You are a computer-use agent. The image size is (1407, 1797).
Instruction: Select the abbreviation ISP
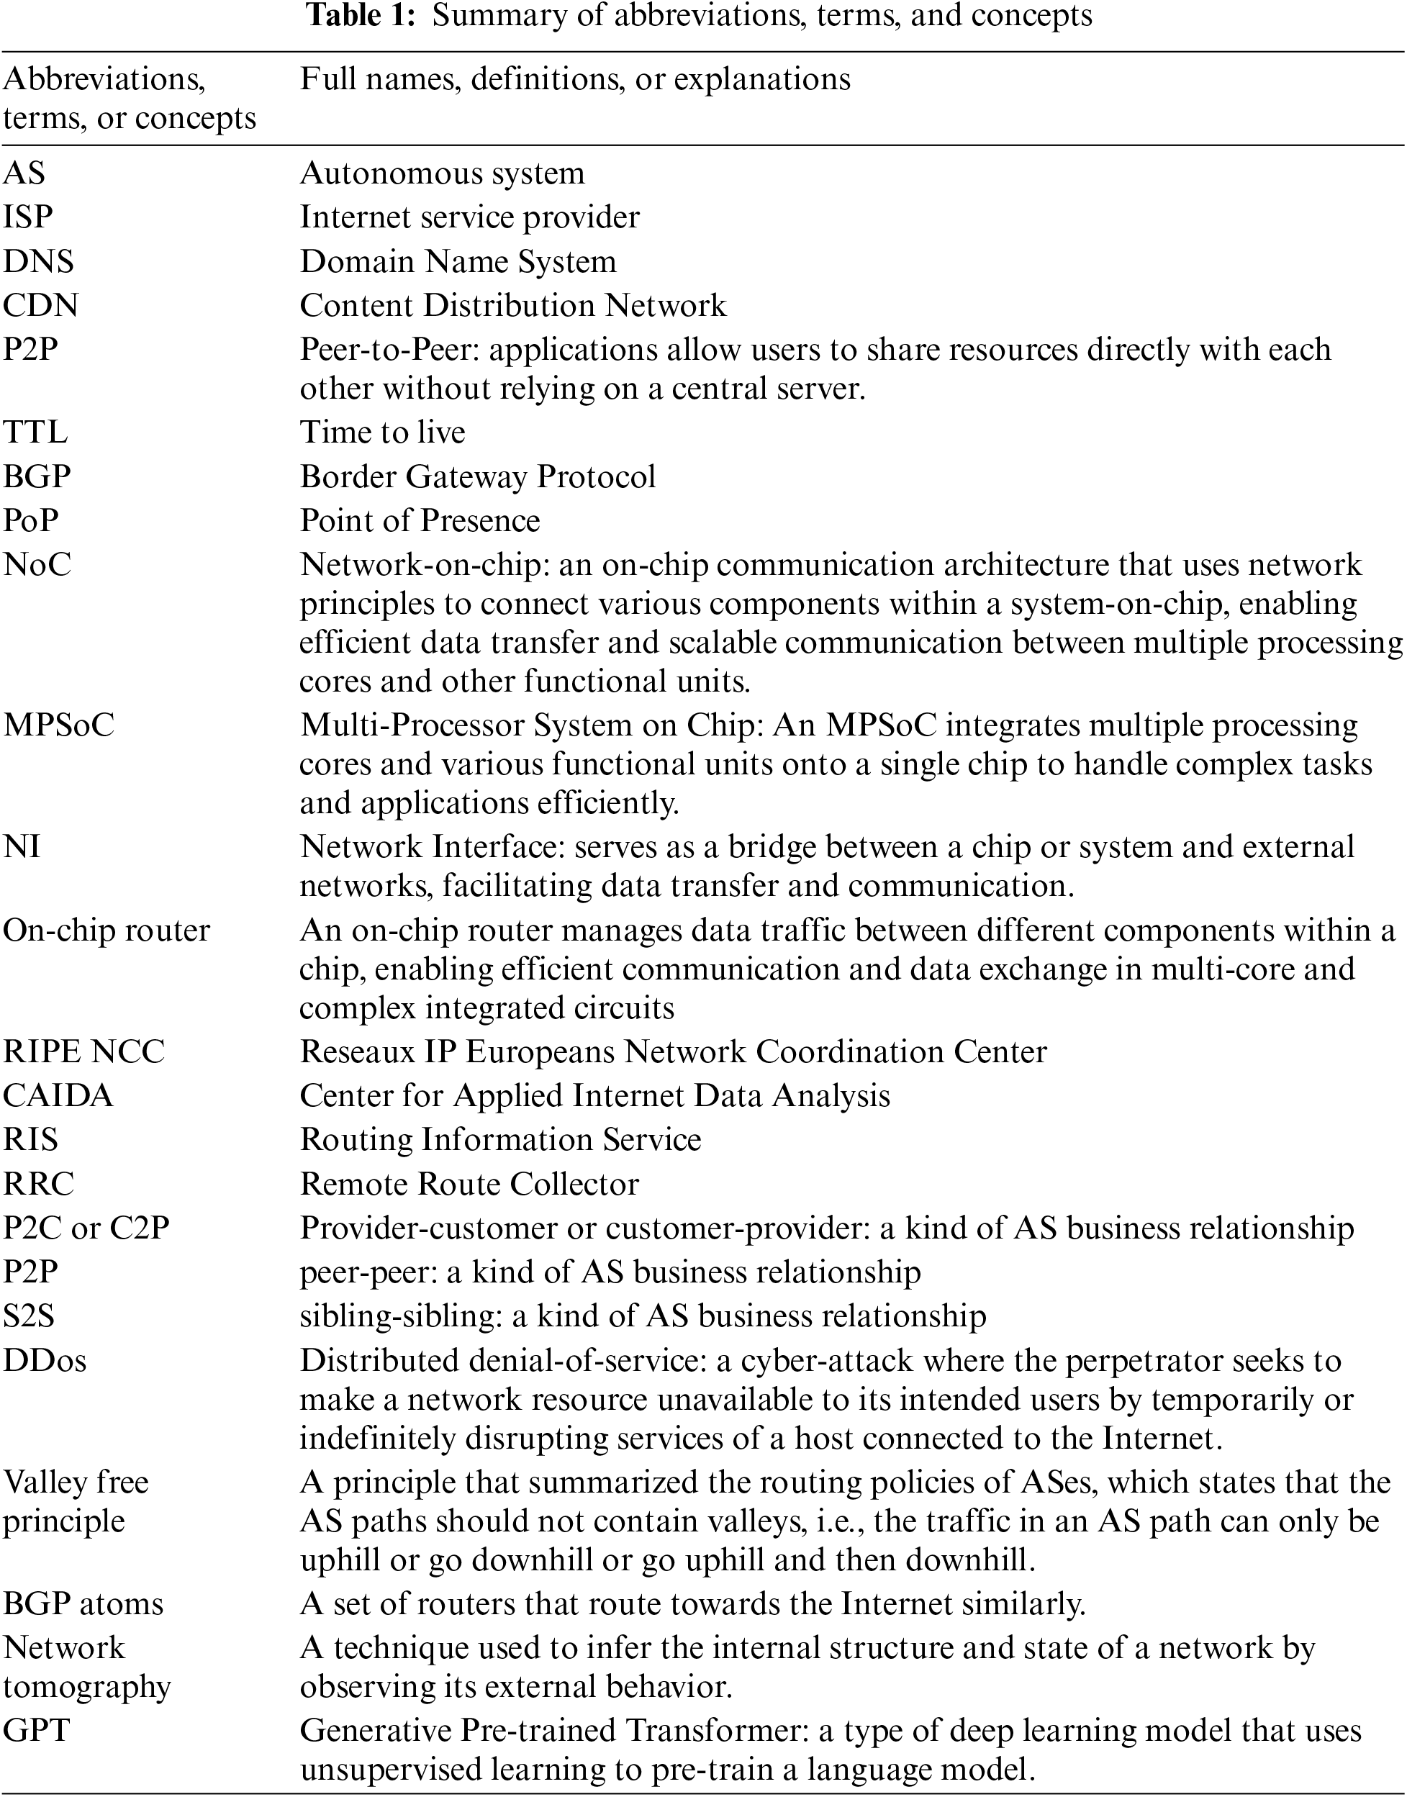click(28, 217)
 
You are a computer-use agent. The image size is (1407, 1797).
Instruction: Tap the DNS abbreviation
click(38, 262)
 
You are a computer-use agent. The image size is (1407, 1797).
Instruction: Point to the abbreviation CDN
click(40, 306)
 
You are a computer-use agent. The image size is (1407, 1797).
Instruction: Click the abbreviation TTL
click(35, 433)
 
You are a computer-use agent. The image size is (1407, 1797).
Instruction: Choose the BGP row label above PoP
click(37, 477)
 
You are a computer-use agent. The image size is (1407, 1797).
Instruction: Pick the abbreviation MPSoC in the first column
click(58, 725)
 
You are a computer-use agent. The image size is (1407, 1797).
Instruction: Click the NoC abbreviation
click(37, 565)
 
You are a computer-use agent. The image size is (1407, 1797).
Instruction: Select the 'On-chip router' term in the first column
click(107, 931)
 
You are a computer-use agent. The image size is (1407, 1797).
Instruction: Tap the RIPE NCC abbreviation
click(84, 1051)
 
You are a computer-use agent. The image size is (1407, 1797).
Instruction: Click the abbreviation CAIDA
click(58, 1096)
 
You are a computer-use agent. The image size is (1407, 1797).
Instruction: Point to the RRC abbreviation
click(39, 1185)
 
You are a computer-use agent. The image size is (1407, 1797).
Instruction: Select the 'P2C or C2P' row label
click(86, 1228)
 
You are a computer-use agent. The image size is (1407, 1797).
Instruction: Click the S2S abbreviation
click(29, 1316)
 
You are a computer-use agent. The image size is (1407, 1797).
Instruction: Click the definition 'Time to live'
click(382, 433)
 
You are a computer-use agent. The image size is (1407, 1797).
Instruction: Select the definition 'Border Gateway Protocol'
click(478, 477)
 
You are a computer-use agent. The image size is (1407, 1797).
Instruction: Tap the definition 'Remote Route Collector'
click(469, 1185)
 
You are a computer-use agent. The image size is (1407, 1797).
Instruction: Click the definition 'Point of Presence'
click(420, 520)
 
